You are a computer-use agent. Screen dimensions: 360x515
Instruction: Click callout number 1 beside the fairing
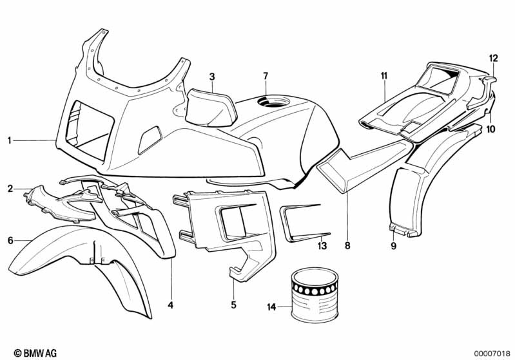(10, 139)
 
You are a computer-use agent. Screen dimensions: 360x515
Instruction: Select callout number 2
(10, 188)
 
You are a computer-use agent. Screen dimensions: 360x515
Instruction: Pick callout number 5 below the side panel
(234, 303)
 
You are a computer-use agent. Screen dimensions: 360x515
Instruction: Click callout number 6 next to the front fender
(10, 241)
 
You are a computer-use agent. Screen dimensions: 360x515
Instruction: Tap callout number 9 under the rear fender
(393, 245)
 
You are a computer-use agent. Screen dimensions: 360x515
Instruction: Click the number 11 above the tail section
(384, 77)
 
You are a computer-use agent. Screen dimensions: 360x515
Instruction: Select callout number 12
(494, 59)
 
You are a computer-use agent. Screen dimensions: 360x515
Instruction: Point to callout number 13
(322, 245)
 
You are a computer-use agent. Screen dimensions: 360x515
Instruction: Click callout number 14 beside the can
(272, 308)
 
